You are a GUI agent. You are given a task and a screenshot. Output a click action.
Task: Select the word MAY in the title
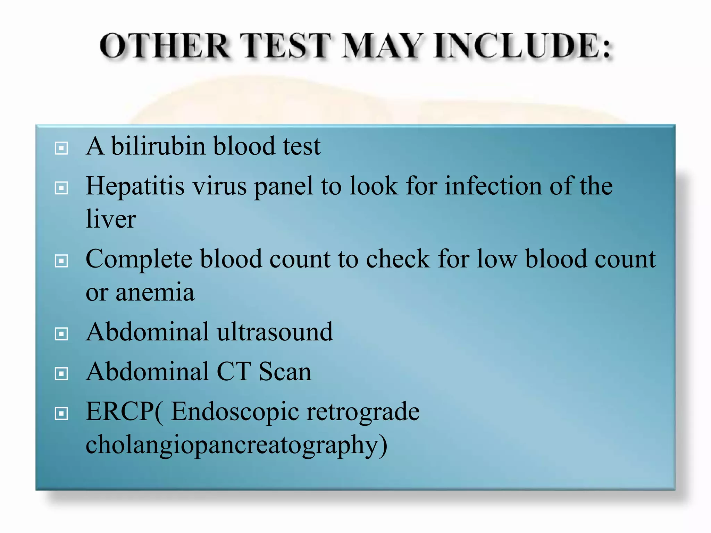click(x=383, y=46)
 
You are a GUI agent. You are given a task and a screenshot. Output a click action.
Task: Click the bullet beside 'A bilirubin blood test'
click(x=61, y=148)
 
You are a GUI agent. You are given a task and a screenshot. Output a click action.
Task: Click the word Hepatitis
click(x=135, y=186)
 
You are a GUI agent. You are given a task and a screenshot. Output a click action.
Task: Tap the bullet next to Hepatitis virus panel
click(x=61, y=188)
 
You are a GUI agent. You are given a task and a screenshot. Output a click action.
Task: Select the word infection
click(x=493, y=186)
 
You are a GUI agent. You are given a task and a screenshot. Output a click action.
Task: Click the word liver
click(x=111, y=219)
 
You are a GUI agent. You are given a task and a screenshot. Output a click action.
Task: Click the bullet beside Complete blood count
click(x=61, y=261)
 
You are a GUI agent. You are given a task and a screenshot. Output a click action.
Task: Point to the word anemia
click(x=155, y=292)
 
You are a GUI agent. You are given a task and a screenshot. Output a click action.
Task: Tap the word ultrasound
click(x=275, y=332)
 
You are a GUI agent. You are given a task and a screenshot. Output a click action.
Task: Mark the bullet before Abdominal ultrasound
click(x=61, y=334)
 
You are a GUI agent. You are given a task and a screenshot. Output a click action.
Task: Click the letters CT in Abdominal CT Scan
click(x=234, y=372)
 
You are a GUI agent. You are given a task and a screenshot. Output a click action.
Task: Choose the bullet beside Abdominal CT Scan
click(x=61, y=374)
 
